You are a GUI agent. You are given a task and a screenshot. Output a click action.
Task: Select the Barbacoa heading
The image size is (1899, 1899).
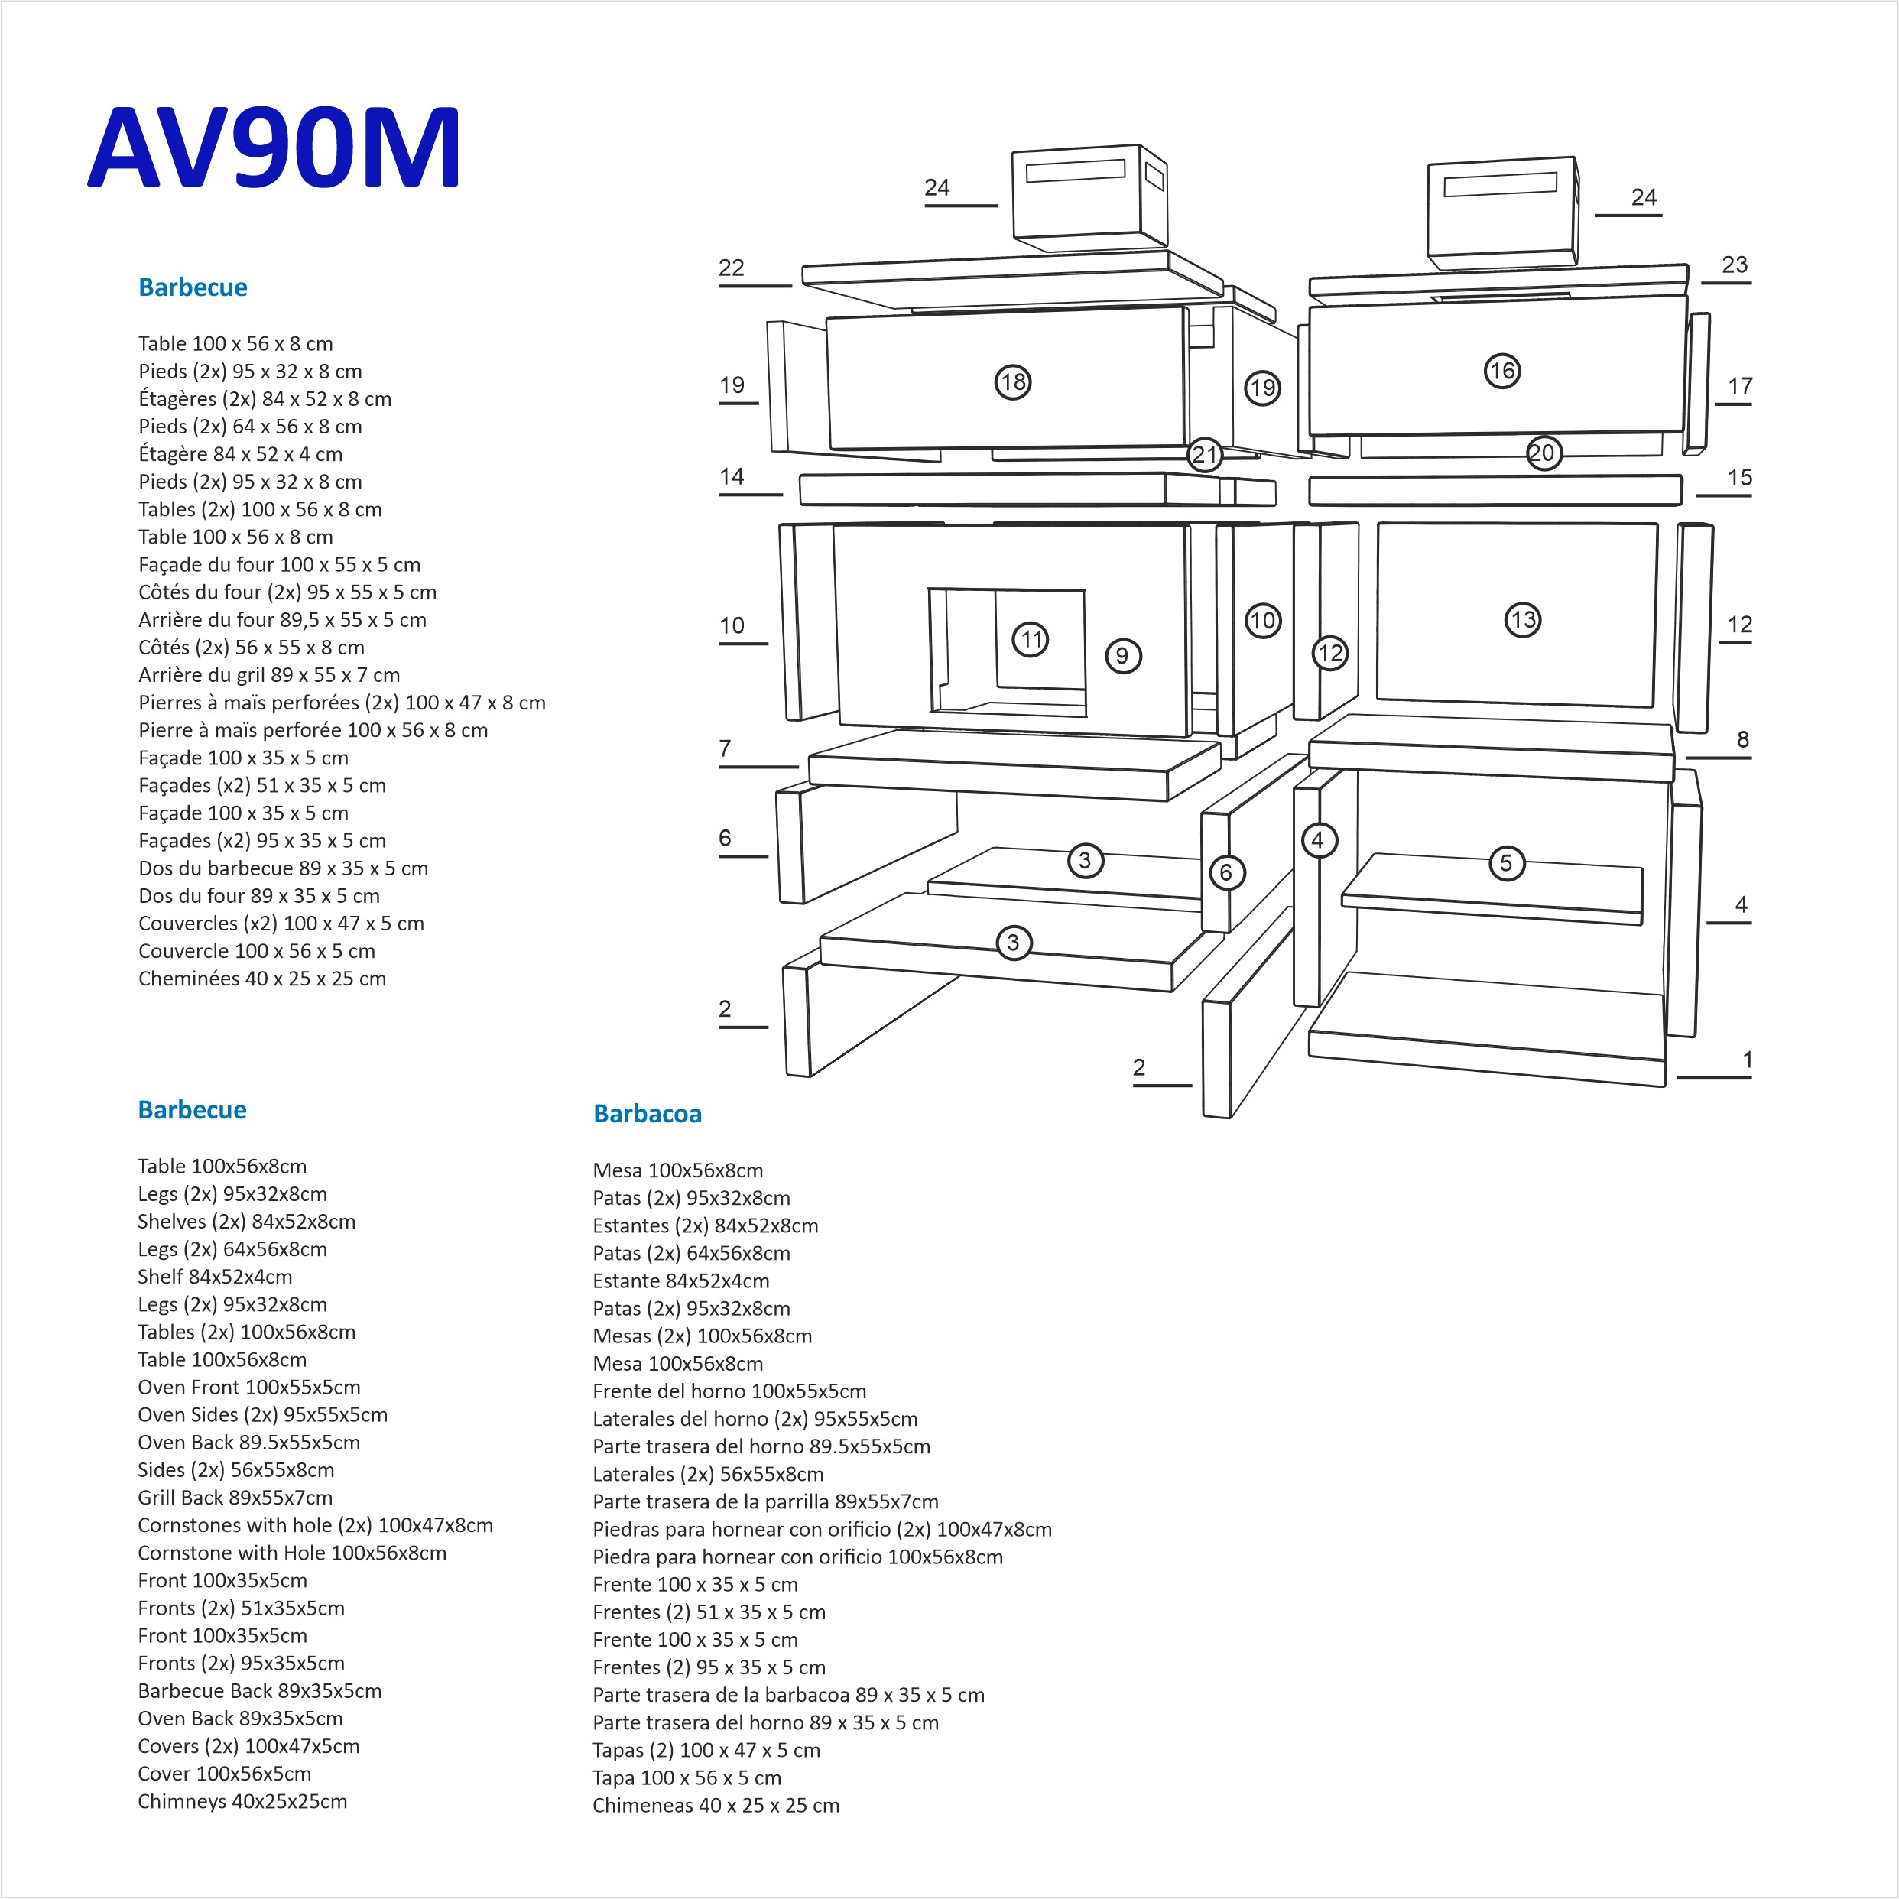point(647,1114)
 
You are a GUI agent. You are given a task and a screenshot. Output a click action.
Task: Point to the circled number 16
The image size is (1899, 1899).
point(1501,371)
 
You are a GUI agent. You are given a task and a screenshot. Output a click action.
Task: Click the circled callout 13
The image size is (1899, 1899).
point(1523,619)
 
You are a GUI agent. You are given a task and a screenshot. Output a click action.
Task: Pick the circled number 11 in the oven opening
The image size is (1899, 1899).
point(1030,640)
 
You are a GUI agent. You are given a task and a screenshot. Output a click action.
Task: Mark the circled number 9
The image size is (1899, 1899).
point(1122,656)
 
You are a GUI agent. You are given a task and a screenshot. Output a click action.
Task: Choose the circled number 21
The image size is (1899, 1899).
point(1205,454)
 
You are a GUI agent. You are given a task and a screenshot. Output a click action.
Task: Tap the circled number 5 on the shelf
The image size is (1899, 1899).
point(1506,863)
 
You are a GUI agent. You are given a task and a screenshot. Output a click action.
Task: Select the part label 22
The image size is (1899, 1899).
point(732,268)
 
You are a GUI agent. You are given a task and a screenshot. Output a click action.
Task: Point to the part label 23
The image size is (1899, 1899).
point(1734,265)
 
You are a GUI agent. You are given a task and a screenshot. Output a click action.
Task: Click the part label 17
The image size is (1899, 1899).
point(1740,386)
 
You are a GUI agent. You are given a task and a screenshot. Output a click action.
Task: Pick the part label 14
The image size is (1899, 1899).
point(732,477)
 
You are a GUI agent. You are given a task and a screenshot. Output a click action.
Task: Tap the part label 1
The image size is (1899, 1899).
point(1747,1060)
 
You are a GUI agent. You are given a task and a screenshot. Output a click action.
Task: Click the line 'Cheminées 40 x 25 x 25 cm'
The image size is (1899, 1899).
point(261,978)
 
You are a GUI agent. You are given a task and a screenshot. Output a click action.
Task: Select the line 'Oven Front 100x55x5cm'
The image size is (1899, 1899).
point(248,1387)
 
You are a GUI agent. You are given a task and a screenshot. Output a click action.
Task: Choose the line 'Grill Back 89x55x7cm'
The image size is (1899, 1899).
point(235,1497)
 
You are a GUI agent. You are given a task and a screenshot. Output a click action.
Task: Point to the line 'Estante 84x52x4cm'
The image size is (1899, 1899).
point(680,1281)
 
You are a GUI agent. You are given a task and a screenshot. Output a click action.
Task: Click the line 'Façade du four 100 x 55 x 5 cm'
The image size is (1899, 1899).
point(279,564)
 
